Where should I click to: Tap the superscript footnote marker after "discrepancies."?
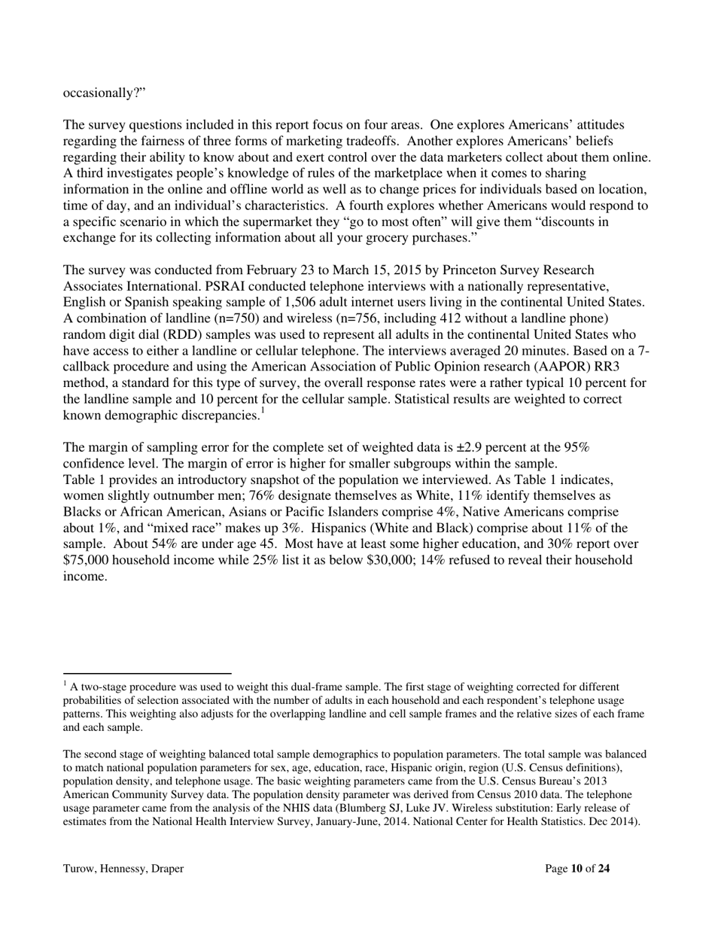pyautogui.click(x=261, y=411)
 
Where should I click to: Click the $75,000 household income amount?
pyautogui.click(x=89, y=560)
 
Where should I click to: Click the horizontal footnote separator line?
pyautogui.click(x=147, y=673)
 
